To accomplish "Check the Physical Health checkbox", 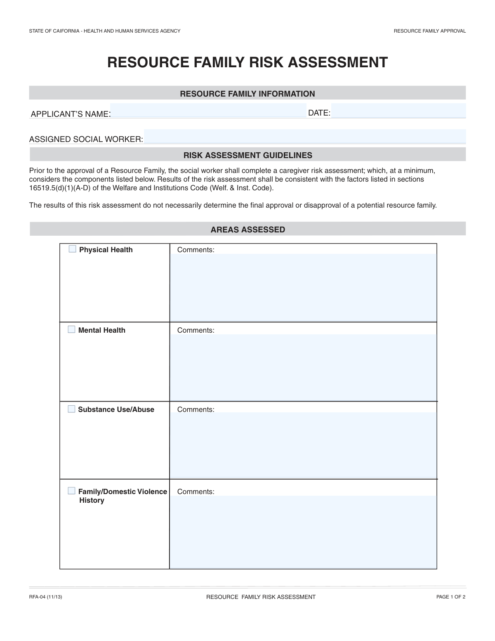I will tap(73, 249).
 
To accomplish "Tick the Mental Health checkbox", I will tap(72, 329).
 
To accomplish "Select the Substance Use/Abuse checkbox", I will tap(72, 409).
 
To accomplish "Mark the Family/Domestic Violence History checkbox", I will tap(72, 491).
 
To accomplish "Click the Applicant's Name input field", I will tap(208, 111).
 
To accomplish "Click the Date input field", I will tap(398, 111).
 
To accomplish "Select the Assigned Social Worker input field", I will tap(304, 136).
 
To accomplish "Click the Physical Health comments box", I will tap(303, 287).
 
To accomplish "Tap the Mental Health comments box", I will tap(303, 367).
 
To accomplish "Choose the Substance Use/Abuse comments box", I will tap(303, 445).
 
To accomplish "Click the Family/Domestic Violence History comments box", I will tap(303, 532).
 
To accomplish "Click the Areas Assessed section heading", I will tap(247, 229).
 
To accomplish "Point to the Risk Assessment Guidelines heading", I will tap(247, 155).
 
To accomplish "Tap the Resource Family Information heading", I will tap(247, 94).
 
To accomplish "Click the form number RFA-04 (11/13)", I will tap(45, 597).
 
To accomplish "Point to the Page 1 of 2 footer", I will tap(451, 597).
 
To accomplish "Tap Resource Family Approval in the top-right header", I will tap(429, 31).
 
